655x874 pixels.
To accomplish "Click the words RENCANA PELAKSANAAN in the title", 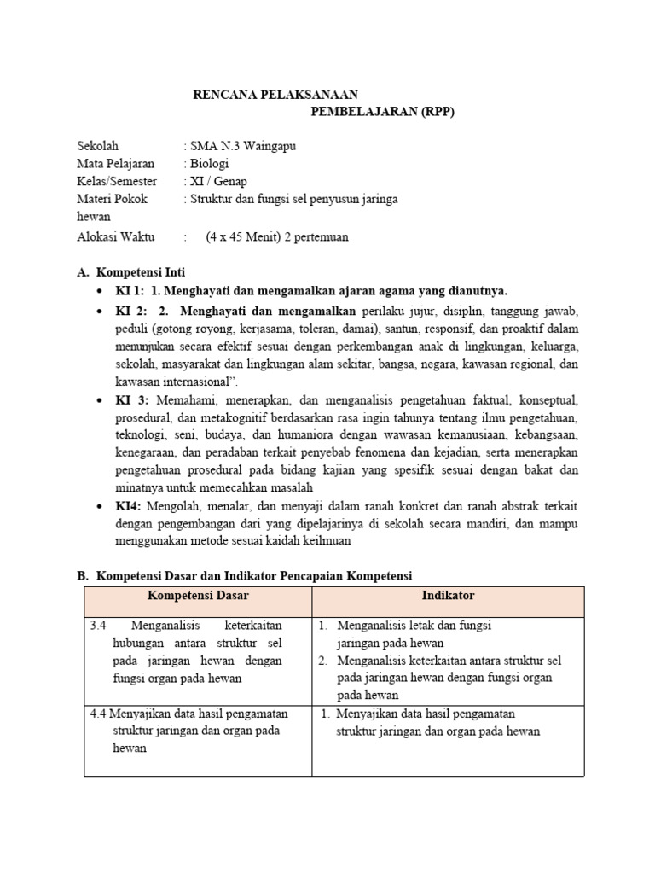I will pyautogui.click(x=275, y=95).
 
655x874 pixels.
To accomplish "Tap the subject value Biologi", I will pyautogui.click(x=210, y=164).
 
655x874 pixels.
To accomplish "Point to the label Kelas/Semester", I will pyautogui.click(x=117, y=182).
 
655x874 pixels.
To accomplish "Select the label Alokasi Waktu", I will pyautogui.click(x=113, y=237).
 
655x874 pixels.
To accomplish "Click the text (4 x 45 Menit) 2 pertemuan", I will pyautogui.click(x=276, y=237).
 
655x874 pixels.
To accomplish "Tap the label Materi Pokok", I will pyautogui.click(x=112, y=200).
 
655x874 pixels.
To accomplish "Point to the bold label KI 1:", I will pyautogui.click(x=130, y=291).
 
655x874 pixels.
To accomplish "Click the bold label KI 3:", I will pyautogui.click(x=132, y=399).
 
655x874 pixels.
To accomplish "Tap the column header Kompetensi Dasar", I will pyautogui.click(x=198, y=596).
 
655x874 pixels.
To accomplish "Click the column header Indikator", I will pyautogui.click(x=448, y=595).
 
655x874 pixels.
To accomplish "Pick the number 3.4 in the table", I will pyautogui.click(x=98, y=626).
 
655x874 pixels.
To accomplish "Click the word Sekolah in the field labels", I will pyautogui.click(x=98, y=146).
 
